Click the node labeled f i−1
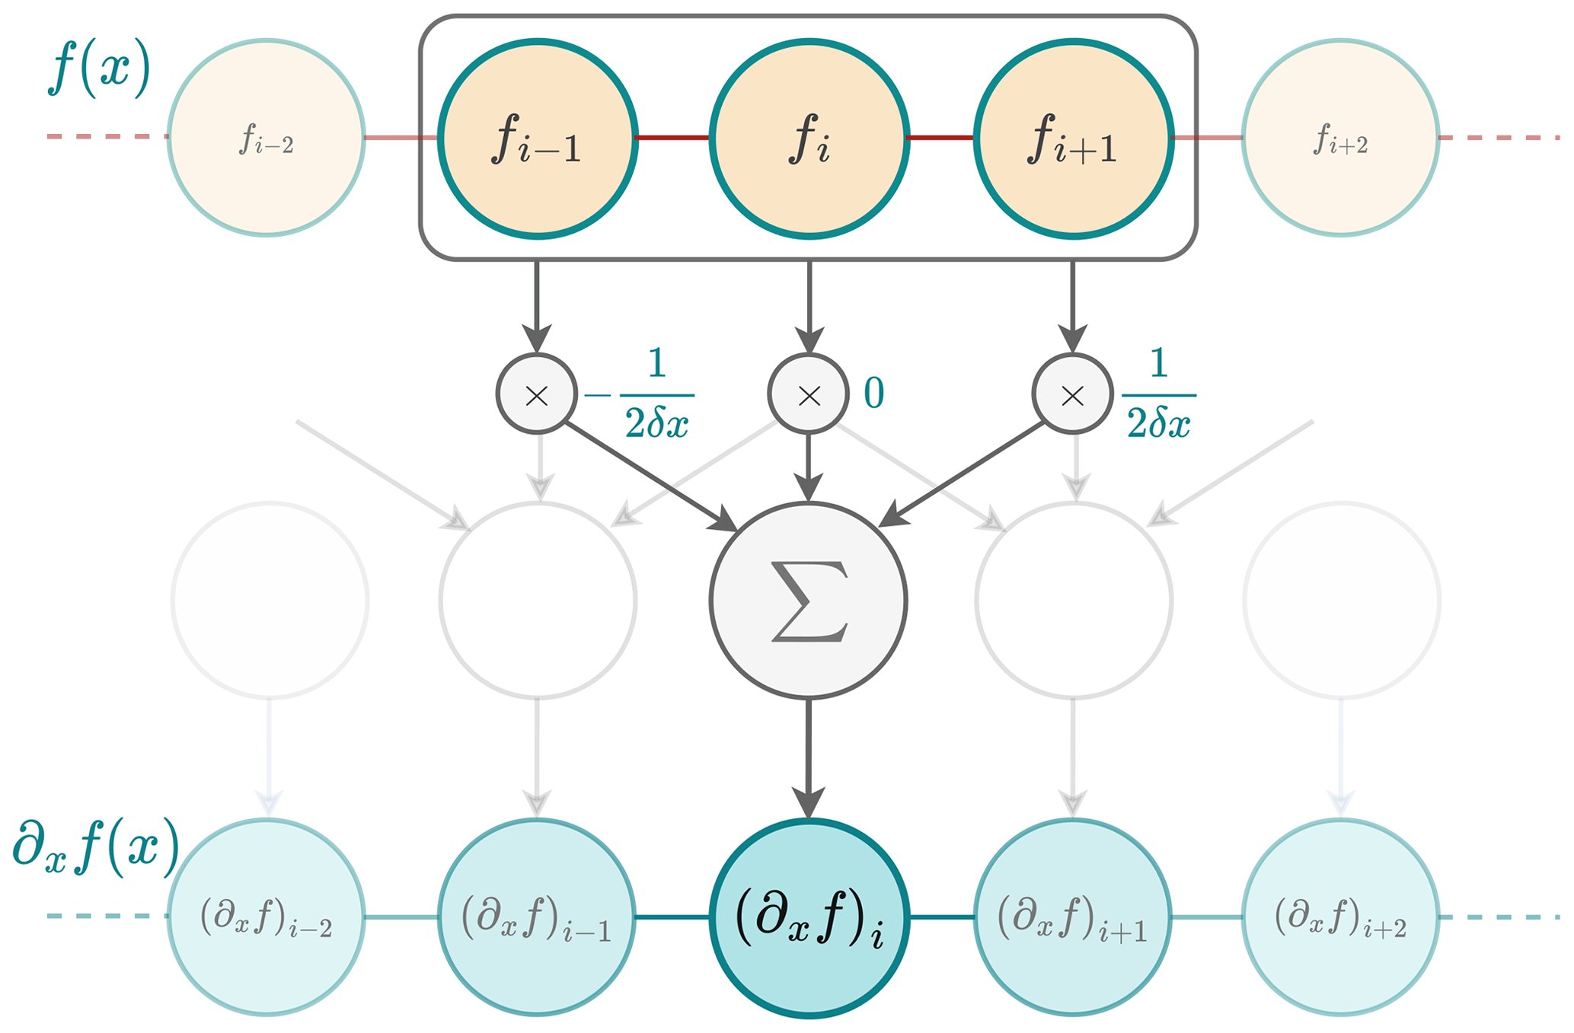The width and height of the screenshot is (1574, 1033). (x=538, y=139)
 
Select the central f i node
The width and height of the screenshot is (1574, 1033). (x=809, y=139)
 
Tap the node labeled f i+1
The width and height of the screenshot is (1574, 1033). (x=1073, y=139)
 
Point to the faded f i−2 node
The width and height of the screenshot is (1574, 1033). (x=267, y=139)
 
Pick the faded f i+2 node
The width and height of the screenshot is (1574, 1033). (x=1340, y=139)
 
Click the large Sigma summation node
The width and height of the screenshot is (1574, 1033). (x=809, y=601)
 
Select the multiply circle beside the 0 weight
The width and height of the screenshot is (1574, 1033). (x=809, y=394)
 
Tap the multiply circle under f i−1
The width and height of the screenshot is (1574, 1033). (x=537, y=394)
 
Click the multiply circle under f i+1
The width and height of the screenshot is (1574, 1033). (x=1073, y=394)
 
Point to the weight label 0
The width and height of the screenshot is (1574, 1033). (x=874, y=394)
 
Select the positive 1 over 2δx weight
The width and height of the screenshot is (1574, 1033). (x=1158, y=394)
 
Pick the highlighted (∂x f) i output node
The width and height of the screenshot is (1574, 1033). (x=809, y=917)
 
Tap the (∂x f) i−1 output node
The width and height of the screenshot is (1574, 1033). (x=538, y=917)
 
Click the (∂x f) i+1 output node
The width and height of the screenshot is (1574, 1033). (x=1073, y=917)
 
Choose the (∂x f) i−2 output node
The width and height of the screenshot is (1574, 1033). (x=267, y=917)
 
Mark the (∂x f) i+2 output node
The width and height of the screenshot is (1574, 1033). (x=1340, y=917)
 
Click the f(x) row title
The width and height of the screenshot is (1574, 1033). (x=100, y=69)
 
